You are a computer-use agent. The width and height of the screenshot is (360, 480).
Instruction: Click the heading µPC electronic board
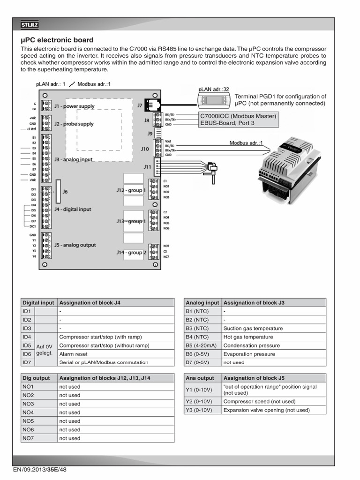pos(57,40)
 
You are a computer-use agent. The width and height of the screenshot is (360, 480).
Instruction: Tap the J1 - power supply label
pos(74,106)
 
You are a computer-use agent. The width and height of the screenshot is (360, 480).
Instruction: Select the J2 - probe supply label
pos(74,124)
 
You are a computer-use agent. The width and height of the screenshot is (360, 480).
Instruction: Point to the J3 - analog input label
pos(74,159)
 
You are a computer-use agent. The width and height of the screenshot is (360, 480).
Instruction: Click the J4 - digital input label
pos(73,210)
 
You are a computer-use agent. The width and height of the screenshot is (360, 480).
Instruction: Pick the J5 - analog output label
pos(75,245)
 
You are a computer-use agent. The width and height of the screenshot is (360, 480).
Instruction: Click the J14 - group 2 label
pos(132,252)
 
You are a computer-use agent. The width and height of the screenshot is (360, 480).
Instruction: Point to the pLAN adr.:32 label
pos(214,89)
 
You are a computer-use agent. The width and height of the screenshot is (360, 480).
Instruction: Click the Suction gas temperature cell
pos(253,328)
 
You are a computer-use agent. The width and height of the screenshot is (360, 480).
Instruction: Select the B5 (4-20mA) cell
pos(202,345)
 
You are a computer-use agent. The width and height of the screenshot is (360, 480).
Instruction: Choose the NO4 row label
pos(28,412)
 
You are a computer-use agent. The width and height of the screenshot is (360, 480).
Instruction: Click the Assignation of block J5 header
pos(254,378)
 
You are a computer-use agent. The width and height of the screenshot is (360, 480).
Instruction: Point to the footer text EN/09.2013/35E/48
pos(40,470)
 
